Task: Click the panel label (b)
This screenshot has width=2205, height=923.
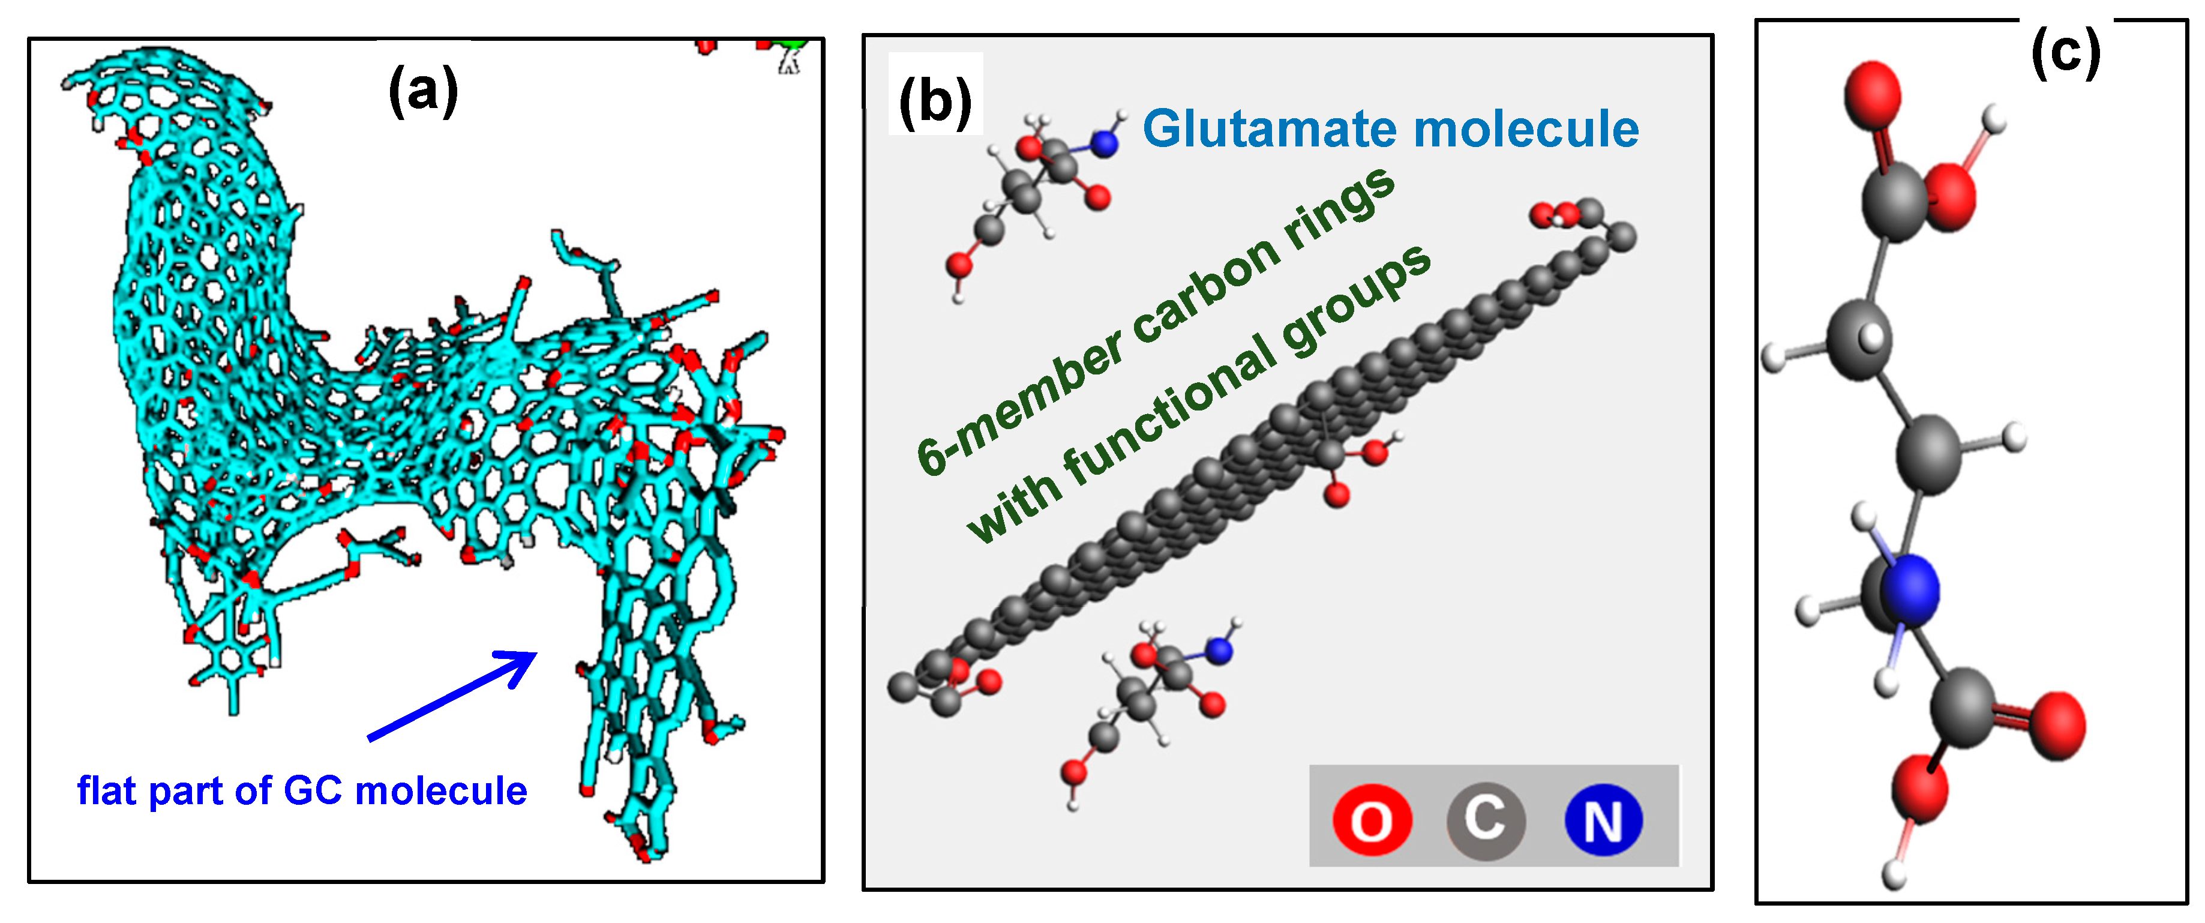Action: click(x=935, y=101)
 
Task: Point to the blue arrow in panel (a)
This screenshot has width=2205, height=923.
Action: click(x=454, y=694)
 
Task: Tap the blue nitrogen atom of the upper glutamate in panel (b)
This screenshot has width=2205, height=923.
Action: click(x=1105, y=143)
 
